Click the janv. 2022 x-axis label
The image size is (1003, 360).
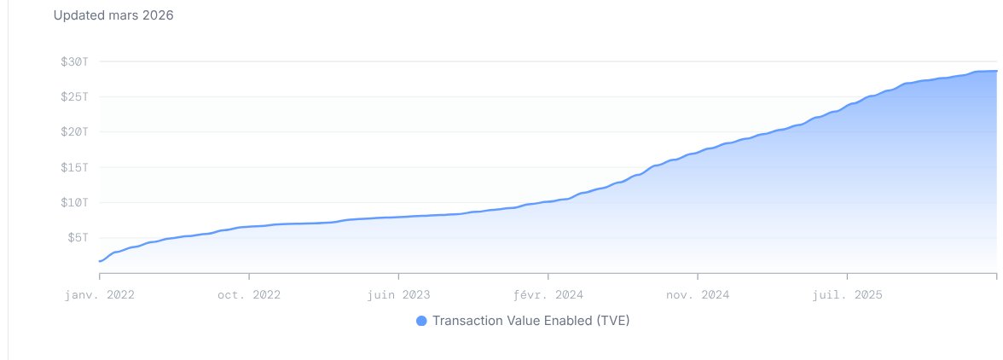click(100, 294)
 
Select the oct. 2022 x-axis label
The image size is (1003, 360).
click(249, 294)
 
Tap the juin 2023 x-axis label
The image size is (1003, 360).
click(398, 294)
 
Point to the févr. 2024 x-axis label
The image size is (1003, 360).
click(548, 294)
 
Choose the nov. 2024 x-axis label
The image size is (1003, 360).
click(698, 294)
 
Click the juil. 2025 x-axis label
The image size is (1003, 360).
click(848, 294)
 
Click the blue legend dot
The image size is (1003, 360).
click(421, 321)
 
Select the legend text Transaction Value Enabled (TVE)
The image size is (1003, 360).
click(531, 321)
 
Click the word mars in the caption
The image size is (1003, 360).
click(122, 15)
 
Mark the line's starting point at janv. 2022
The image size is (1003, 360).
click(100, 261)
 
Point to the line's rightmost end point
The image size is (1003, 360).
click(996, 71)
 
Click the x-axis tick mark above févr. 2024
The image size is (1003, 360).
click(548, 276)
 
